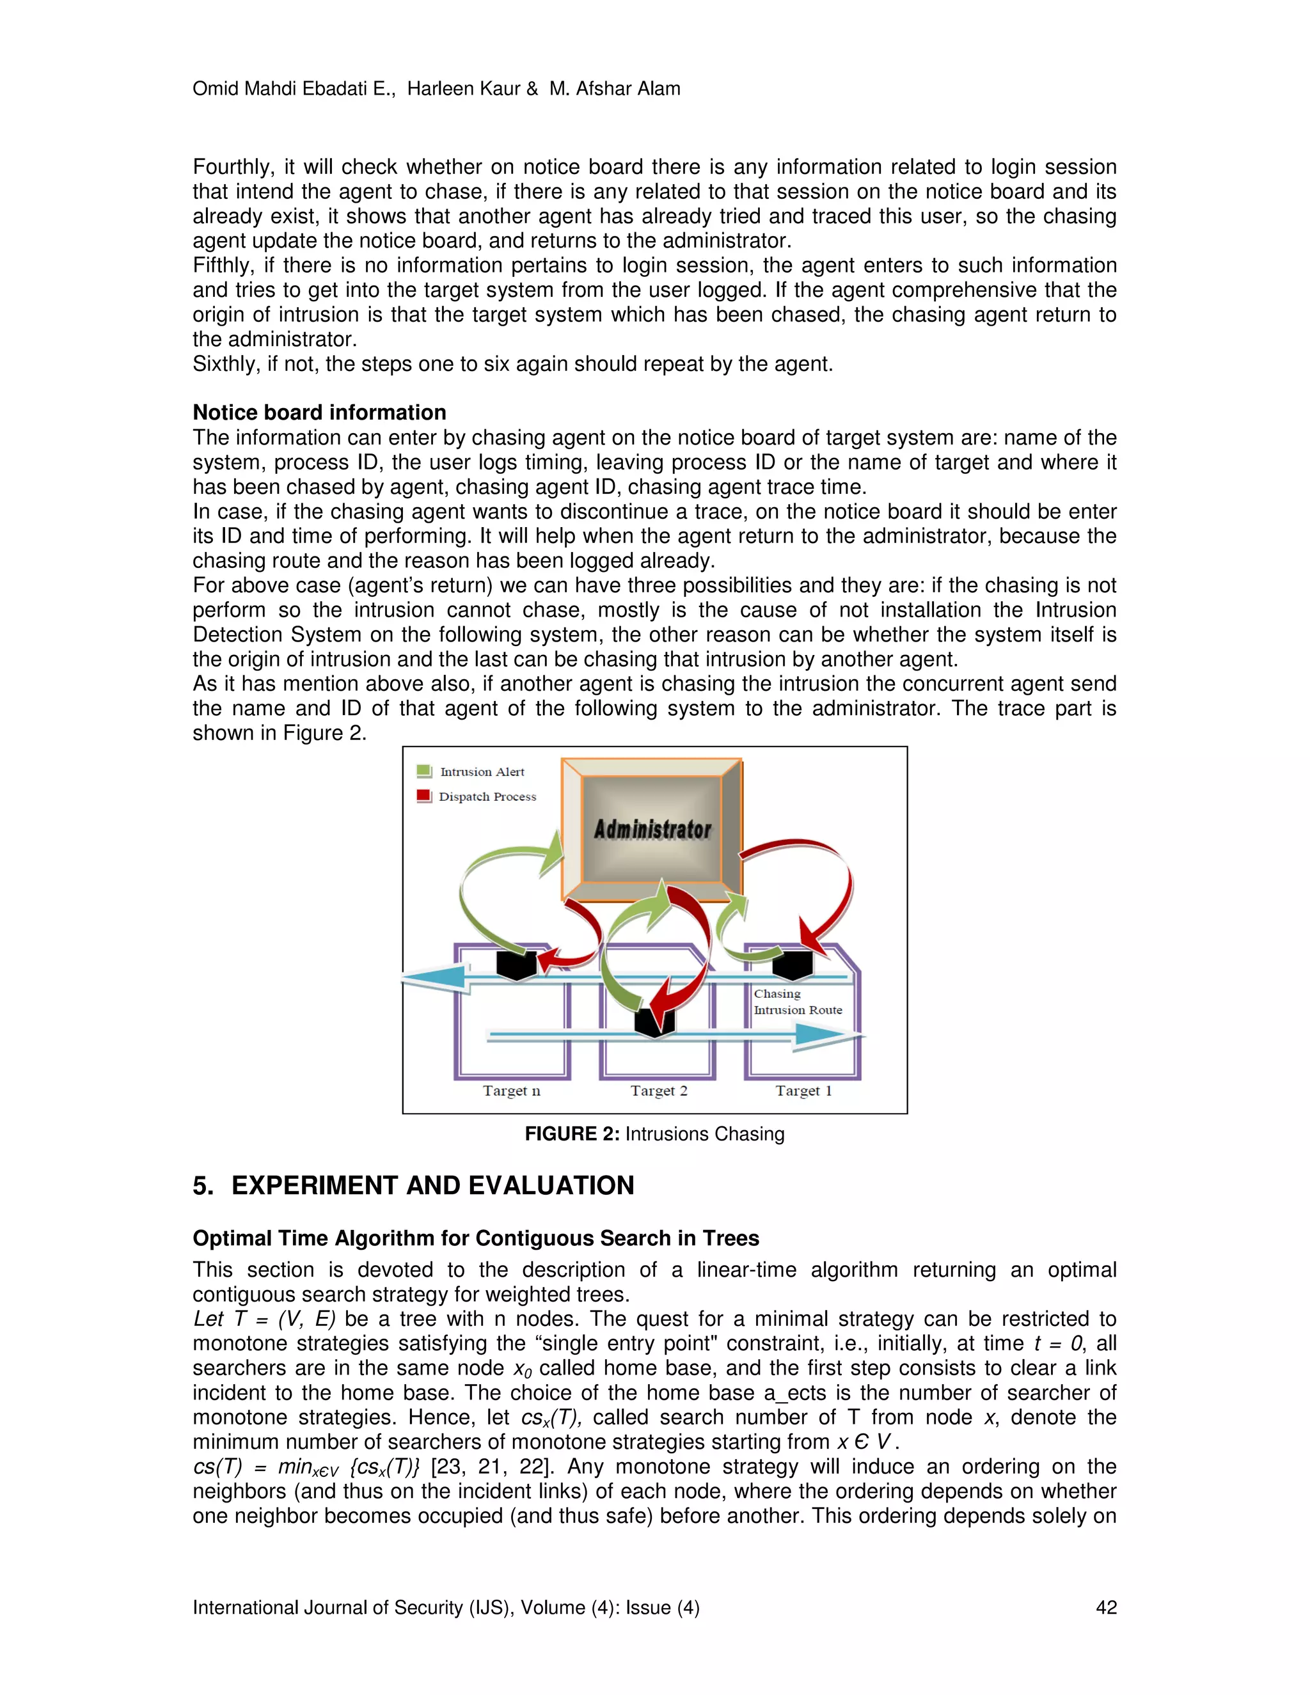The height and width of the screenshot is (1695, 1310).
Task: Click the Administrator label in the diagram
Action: tap(652, 829)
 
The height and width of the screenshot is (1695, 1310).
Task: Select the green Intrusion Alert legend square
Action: tap(423, 771)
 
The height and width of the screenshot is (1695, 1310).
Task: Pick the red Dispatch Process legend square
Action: tap(423, 796)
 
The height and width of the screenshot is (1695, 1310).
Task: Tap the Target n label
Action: tap(512, 1091)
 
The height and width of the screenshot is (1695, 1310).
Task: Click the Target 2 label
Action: tap(659, 1091)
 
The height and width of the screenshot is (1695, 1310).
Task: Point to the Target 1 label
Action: tap(803, 1091)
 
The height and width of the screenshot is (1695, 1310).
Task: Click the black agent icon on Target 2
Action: tap(654, 1021)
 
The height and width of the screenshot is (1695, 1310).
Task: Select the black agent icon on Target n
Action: tap(517, 965)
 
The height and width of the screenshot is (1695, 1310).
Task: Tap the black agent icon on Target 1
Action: tap(793, 965)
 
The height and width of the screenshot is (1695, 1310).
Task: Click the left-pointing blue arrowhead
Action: tap(434, 977)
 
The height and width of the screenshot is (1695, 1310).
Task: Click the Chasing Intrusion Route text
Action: tap(797, 1002)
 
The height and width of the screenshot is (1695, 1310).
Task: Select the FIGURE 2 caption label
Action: tap(572, 1134)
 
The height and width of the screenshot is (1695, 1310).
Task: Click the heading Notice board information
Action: tap(319, 412)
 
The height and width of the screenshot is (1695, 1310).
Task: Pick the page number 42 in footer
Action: tap(1106, 1607)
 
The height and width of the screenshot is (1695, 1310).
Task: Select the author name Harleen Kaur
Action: tap(463, 88)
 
